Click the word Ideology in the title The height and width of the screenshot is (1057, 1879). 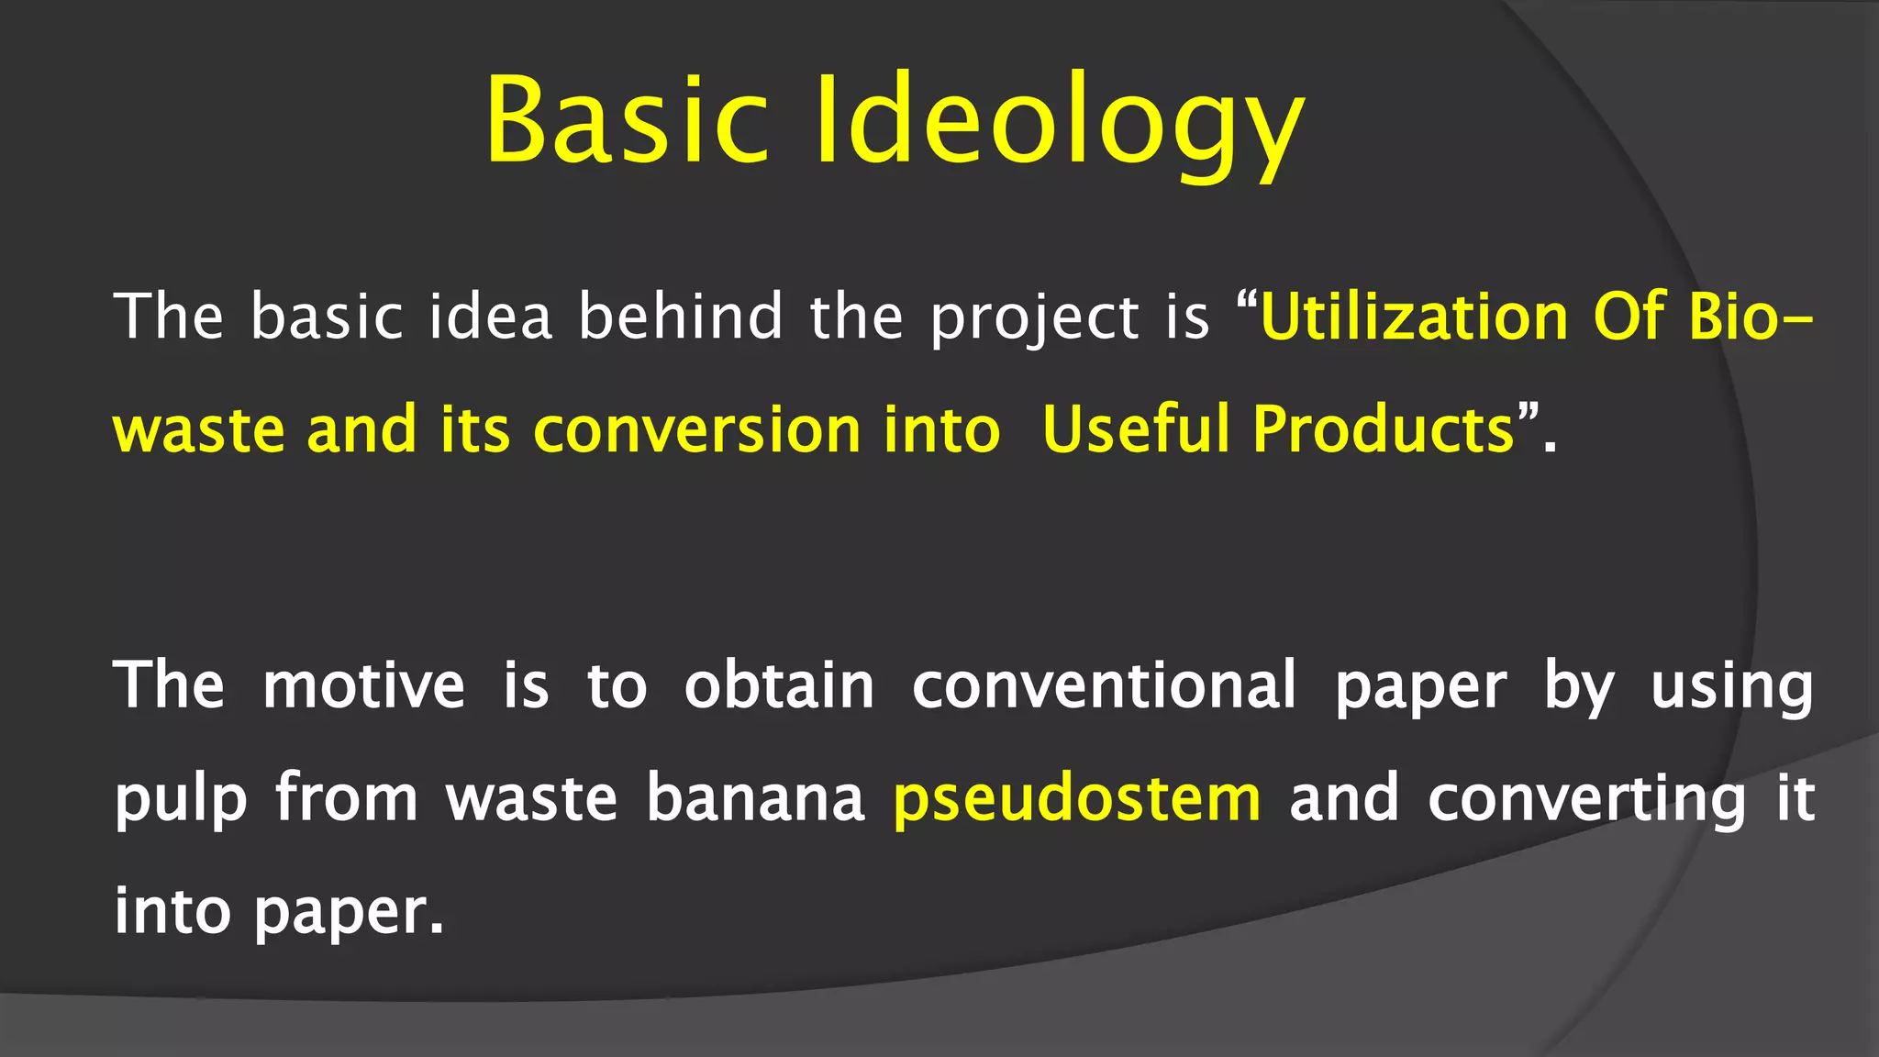tap(1060, 122)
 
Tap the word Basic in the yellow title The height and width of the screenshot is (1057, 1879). tap(627, 122)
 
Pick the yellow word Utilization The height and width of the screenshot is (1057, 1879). tap(1415, 317)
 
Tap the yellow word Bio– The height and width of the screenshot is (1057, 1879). tap(1750, 317)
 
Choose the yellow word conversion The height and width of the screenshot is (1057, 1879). tap(697, 430)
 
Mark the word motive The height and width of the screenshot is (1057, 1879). tap(364, 686)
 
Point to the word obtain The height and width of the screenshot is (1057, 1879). tap(779, 686)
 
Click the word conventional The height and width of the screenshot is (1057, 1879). tap(1105, 686)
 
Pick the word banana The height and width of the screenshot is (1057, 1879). tap(755, 798)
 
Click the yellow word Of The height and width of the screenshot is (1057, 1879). tap(1629, 317)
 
